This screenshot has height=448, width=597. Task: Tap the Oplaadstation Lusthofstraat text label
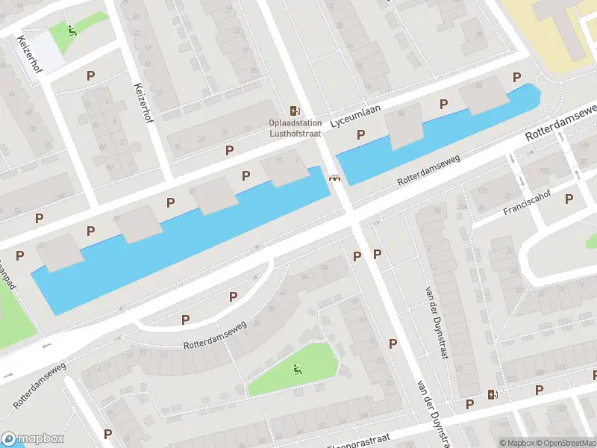click(x=296, y=128)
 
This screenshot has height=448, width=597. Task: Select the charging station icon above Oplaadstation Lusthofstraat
click(x=296, y=110)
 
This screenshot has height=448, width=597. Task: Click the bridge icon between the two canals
click(x=334, y=178)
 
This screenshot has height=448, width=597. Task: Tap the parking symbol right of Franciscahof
click(x=569, y=199)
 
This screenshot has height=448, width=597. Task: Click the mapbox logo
click(x=33, y=438)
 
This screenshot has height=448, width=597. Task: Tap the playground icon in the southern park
click(x=296, y=368)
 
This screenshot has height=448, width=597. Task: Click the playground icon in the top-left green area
click(x=72, y=31)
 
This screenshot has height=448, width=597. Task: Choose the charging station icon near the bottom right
click(x=492, y=394)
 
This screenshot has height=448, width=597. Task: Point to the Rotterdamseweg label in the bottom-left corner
click(x=40, y=385)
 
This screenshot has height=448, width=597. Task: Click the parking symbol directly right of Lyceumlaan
click(x=444, y=104)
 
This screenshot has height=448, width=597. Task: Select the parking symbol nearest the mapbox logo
click(x=107, y=433)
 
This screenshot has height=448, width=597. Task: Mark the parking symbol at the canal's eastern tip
click(x=516, y=77)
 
